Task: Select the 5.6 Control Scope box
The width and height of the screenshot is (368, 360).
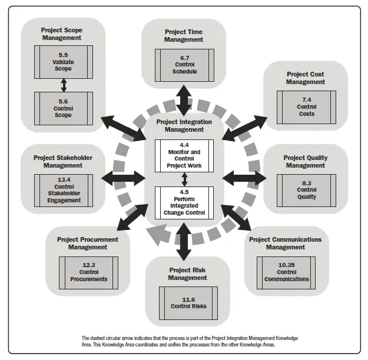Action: point(64,108)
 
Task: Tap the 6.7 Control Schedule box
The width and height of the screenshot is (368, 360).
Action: point(184,65)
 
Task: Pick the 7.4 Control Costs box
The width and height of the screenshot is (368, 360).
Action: point(306,106)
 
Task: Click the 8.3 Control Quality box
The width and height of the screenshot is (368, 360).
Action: point(306,189)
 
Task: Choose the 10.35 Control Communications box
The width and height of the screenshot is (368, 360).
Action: point(286,272)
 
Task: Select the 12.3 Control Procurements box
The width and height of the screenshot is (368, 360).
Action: point(88,272)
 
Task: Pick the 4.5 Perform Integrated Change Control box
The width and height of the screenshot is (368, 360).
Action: point(184,202)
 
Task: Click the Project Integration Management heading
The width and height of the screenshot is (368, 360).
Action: point(184,125)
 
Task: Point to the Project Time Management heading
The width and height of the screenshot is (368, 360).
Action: point(184,35)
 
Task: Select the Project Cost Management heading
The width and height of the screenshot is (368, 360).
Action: point(306,78)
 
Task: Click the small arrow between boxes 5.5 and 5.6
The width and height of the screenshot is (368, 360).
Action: point(64,86)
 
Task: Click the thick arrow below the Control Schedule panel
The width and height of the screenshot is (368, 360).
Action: point(184,100)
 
